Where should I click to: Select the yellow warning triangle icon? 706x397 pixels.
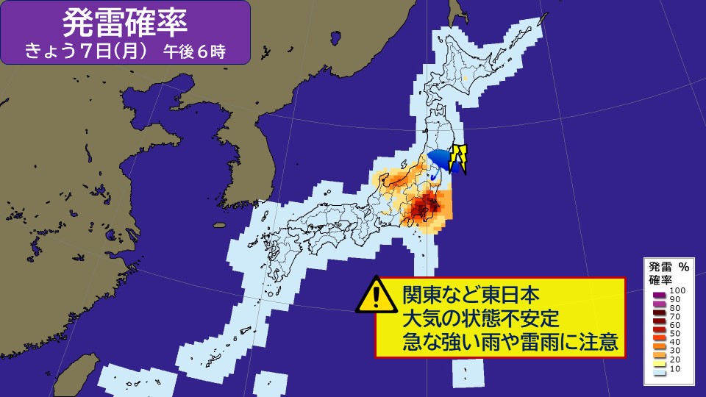[375, 296]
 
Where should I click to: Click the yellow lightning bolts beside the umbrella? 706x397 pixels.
[460, 159]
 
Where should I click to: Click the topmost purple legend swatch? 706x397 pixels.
[659, 293]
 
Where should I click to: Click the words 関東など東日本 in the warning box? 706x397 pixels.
[471, 296]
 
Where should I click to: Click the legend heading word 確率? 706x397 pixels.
[660, 280]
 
